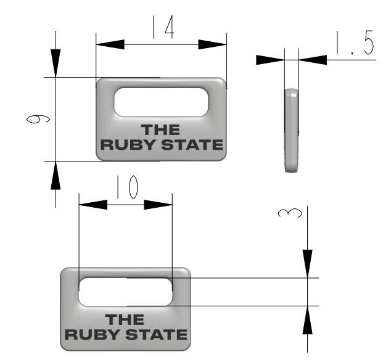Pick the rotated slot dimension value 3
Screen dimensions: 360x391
[290, 214]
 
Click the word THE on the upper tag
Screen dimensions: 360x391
[160, 130]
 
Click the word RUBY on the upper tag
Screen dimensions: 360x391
[125, 145]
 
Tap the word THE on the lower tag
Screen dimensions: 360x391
[125, 320]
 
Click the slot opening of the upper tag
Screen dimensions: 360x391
[161, 101]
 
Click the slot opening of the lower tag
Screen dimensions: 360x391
[125, 291]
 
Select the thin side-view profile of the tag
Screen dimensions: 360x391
[291, 131]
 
